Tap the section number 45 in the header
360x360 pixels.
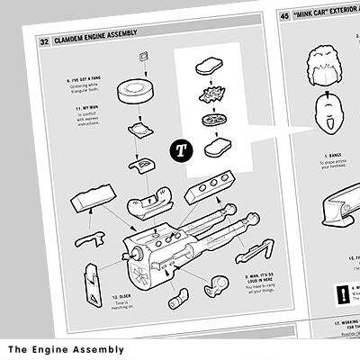pos(285,15)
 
